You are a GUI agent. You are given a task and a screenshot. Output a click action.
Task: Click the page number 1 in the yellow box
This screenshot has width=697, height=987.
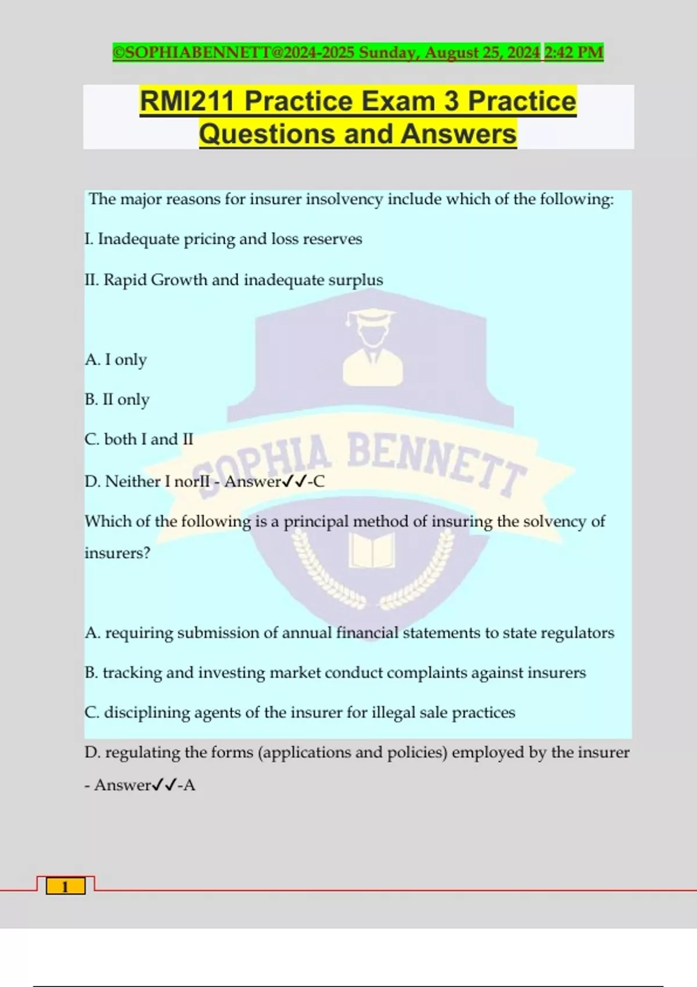[65, 887]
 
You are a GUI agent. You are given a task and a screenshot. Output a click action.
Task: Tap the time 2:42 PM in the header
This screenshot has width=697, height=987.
[574, 52]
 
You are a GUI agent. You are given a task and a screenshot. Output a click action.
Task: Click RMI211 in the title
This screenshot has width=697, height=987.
[187, 101]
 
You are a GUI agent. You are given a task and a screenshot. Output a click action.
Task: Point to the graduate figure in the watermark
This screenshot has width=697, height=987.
[372, 348]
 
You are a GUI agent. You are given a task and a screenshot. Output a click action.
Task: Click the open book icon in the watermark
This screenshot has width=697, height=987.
[372, 550]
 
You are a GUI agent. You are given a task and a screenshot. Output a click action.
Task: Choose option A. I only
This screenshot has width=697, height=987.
[116, 360]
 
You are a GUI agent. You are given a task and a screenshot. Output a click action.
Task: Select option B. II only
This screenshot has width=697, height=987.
[117, 399]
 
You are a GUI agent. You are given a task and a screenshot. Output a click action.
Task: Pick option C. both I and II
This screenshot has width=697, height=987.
[139, 440]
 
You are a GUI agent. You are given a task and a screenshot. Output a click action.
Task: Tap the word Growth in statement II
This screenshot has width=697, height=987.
[179, 280]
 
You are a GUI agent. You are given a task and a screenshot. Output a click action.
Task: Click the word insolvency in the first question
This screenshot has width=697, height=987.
[344, 199]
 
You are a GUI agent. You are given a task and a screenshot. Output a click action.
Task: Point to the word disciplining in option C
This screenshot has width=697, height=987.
[147, 712]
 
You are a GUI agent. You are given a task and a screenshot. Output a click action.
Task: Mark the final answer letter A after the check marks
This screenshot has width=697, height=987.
[189, 786]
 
